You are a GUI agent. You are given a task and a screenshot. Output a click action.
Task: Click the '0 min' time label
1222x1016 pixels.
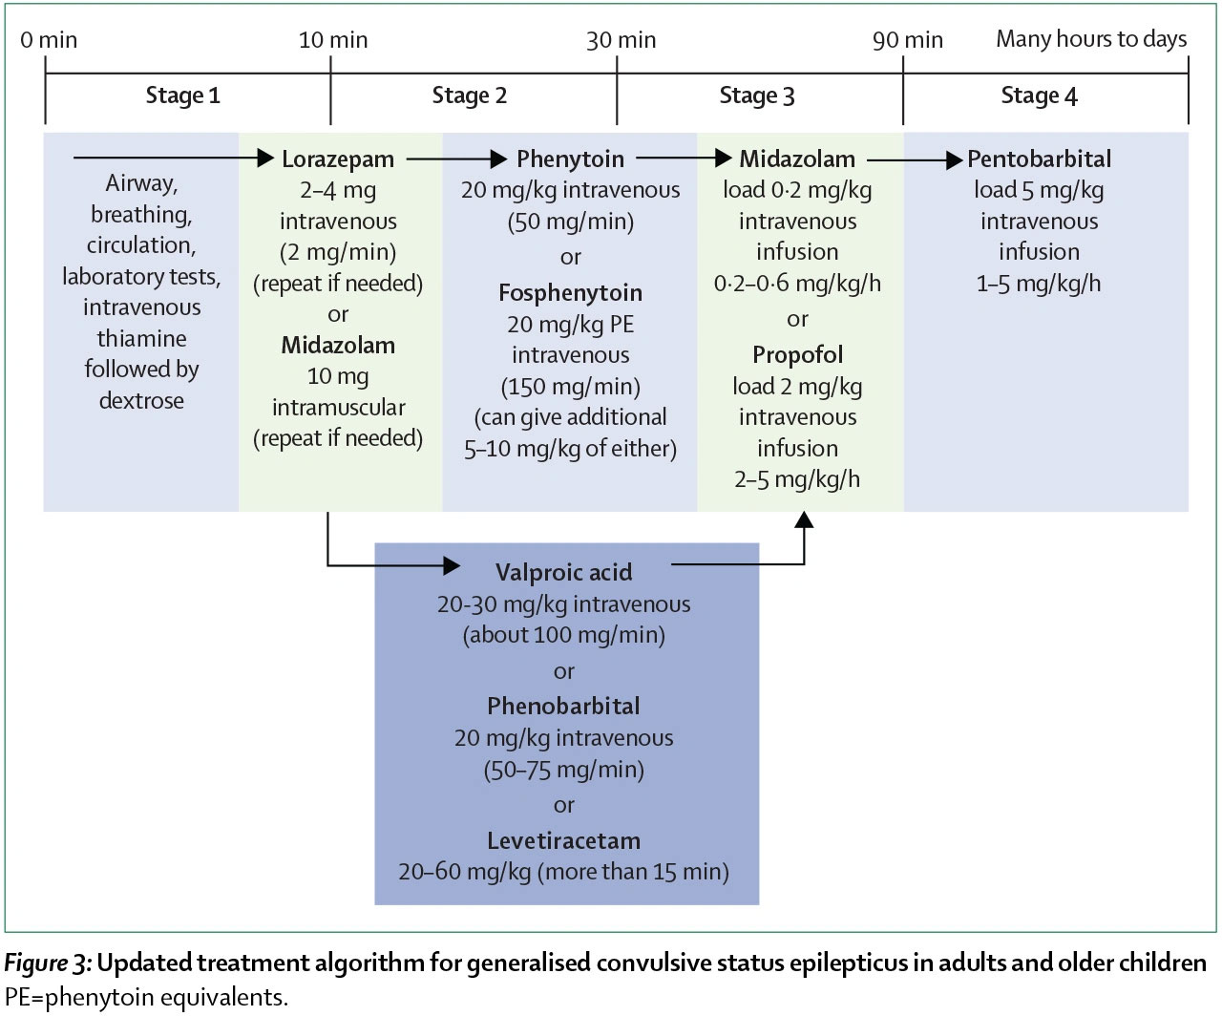click(49, 40)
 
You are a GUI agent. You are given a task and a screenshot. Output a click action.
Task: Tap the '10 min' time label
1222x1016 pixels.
click(333, 40)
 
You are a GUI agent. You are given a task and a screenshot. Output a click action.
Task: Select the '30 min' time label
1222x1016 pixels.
click(621, 40)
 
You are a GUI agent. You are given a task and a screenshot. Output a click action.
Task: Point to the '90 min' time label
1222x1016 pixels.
click(908, 40)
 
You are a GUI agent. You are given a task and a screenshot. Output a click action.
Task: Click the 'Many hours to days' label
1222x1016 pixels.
click(1091, 38)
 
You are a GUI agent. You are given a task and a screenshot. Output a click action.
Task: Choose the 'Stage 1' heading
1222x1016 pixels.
click(182, 95)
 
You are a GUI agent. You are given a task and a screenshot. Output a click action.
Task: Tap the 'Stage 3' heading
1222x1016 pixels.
click(757, 95)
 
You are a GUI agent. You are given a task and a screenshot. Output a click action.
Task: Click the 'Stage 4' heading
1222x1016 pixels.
click(1039, 95)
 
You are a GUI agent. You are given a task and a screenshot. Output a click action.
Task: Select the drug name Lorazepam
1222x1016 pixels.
click(338, 159)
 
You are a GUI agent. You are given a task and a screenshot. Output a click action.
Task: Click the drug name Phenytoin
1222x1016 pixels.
click(570, 159)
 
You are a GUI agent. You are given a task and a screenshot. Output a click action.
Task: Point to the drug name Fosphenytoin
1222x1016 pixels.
click(570, 292)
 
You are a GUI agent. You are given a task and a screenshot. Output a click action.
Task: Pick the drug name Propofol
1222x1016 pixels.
click(797, 354)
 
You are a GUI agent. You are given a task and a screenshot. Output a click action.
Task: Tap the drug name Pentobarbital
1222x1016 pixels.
click(1039, 159)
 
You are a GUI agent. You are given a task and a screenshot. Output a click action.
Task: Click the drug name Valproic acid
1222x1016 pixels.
click(563, 572)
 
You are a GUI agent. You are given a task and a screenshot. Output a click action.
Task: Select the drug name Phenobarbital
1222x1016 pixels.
click(563, 707)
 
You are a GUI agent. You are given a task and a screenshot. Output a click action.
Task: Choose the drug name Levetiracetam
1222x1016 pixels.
click(563, 841)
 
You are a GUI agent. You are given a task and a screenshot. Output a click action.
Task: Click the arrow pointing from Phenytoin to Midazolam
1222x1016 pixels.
click(684, 158)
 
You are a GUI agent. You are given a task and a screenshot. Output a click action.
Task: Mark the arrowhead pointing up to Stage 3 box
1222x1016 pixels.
click(804, 519)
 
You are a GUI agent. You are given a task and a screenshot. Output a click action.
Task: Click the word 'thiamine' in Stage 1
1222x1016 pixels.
click(141, 338)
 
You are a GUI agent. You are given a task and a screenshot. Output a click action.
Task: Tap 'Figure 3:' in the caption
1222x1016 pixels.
click(48, 963)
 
